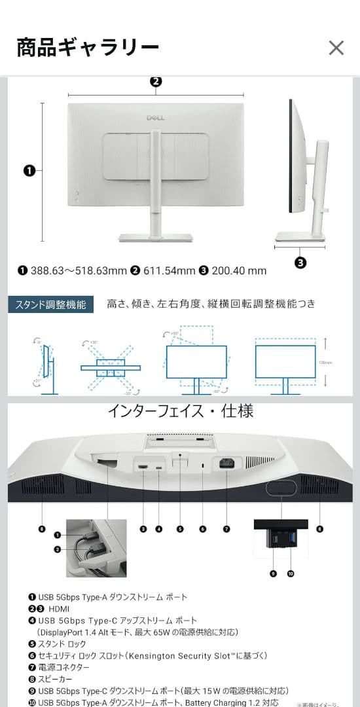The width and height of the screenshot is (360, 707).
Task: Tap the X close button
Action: [336, 48]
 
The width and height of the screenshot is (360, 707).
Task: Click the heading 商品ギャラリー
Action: [88, 48]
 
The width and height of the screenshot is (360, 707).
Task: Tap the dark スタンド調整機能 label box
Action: [51, 305]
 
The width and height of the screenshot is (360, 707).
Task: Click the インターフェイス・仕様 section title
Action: [180, 411]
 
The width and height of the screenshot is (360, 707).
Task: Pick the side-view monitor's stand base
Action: [300, 237]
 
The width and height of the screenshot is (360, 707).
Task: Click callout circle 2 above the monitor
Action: [156, 82]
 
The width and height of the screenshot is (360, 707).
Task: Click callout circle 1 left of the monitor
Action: [29, 171]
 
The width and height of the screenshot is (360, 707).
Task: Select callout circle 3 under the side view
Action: [300, 263]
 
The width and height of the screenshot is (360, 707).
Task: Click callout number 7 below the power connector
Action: [226, 528]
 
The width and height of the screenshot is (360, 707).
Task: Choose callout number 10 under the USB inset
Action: [291, 573]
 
